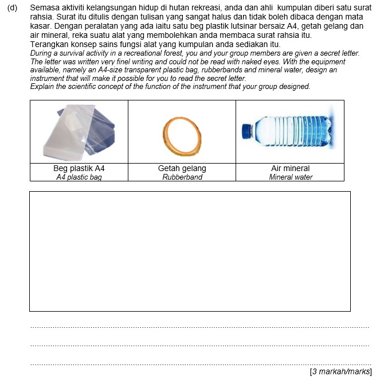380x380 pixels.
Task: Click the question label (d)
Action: click(13, 8)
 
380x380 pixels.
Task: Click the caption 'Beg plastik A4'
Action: click(79, 169)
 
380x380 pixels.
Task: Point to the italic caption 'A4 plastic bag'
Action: click(79, 177)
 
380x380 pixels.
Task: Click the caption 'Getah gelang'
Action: click(182, 169)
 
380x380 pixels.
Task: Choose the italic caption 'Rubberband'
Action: click(182, 177)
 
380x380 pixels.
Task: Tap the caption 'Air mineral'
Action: click(290, 169)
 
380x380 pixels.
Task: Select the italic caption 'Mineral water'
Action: click(291, 177)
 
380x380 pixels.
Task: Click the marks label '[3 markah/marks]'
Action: click(340, 372)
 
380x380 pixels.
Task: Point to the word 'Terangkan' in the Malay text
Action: click(48, 44)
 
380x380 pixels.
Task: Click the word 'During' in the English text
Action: click(41, 53)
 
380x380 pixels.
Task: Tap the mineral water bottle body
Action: click(295, 131)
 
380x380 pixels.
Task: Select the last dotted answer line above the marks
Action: click(199, 364)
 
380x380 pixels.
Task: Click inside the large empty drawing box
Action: click(190, 251)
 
